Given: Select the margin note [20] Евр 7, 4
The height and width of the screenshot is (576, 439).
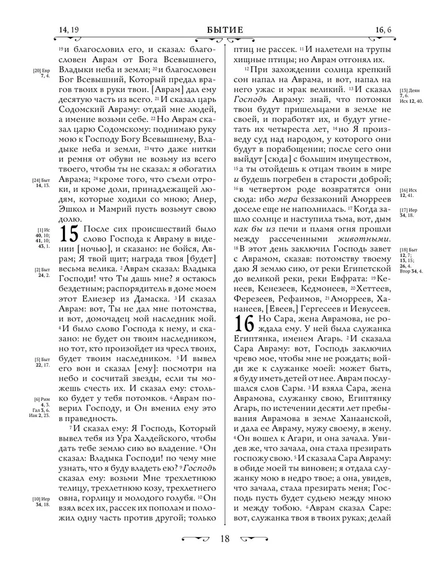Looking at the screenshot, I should point(42,73).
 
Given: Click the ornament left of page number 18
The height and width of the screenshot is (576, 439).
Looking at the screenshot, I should point(195,539).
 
